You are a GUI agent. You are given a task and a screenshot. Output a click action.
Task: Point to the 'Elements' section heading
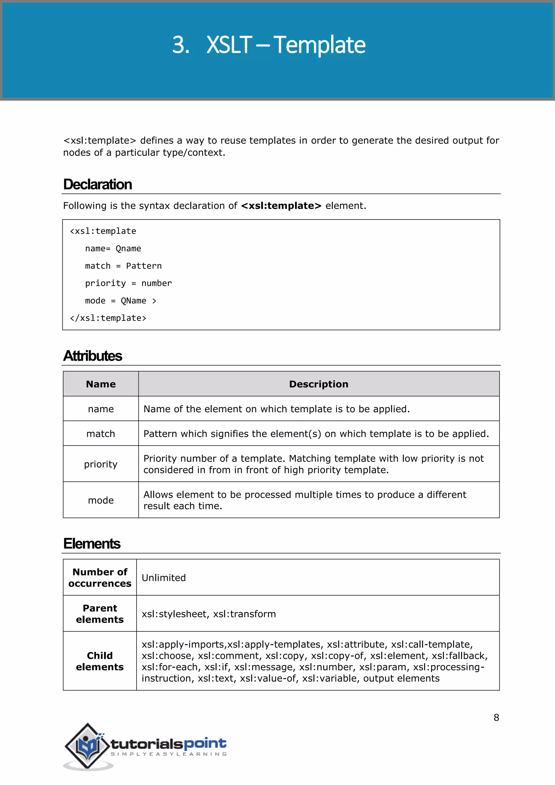pyautogui.click(x=92, y=544)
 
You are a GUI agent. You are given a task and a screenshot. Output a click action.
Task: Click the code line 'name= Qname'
pyautogui.click(x=113, y=249)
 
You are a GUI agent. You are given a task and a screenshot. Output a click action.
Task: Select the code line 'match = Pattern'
pyautogui.click(x=123, y=266)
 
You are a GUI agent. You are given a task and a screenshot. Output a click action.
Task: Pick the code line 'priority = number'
pyautogui.click(x=128, y=284)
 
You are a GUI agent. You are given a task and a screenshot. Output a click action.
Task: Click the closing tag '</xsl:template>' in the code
pyautogui.click(x=108, y=318)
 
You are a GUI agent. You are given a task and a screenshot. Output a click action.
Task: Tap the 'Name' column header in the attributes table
pyautogui.click(x=101, y=384)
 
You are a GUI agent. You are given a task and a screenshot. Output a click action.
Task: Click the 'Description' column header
pyautogui.click(x=318, y=384)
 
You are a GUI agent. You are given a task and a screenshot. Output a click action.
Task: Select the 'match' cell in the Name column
pyautogui.click(x=101, y=434)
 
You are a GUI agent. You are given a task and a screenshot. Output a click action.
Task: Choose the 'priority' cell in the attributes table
pyautogui.click(x=101, y=464)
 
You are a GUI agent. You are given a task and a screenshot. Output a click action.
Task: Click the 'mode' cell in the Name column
pyautogui.click(x=101, y=501)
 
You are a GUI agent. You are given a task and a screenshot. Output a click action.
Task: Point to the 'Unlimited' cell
pyautogui.click(x=164, y=578)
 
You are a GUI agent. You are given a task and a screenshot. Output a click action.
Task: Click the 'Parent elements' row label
pyautogui.click(x=100, y=614)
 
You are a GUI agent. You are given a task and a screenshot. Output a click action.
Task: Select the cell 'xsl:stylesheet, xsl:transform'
pyautogui.click(x=208, y=614)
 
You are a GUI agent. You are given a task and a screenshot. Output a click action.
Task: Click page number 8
pyautogui.click(x=496, y=718)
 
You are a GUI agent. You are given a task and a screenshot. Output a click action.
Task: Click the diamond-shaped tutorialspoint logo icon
pyautogui.click(x=88, y=746)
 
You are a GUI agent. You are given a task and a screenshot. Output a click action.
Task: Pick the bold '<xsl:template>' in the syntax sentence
pyautogui.click(x=281, y=206)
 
